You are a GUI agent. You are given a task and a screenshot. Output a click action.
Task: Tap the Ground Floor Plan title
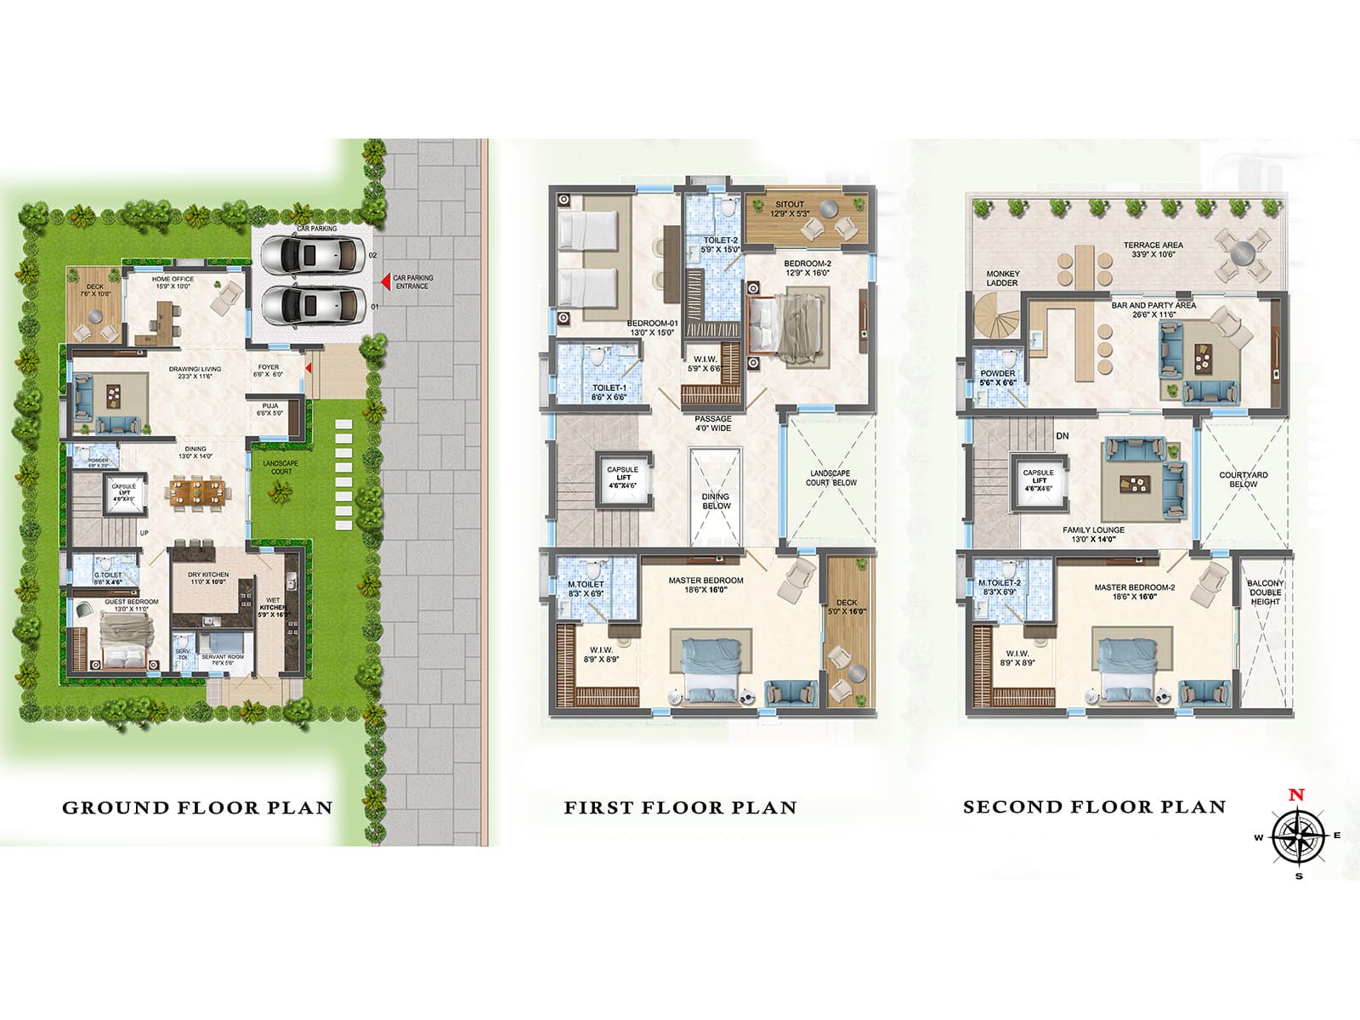click(x=197, y=807)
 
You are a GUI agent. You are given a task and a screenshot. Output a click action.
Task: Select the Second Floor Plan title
click(x=1094, y=807)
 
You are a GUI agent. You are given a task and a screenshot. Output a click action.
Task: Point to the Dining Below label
click(x=716, y=501)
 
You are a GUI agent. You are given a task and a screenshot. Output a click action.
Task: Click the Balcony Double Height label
click(x=1265, y=592)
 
